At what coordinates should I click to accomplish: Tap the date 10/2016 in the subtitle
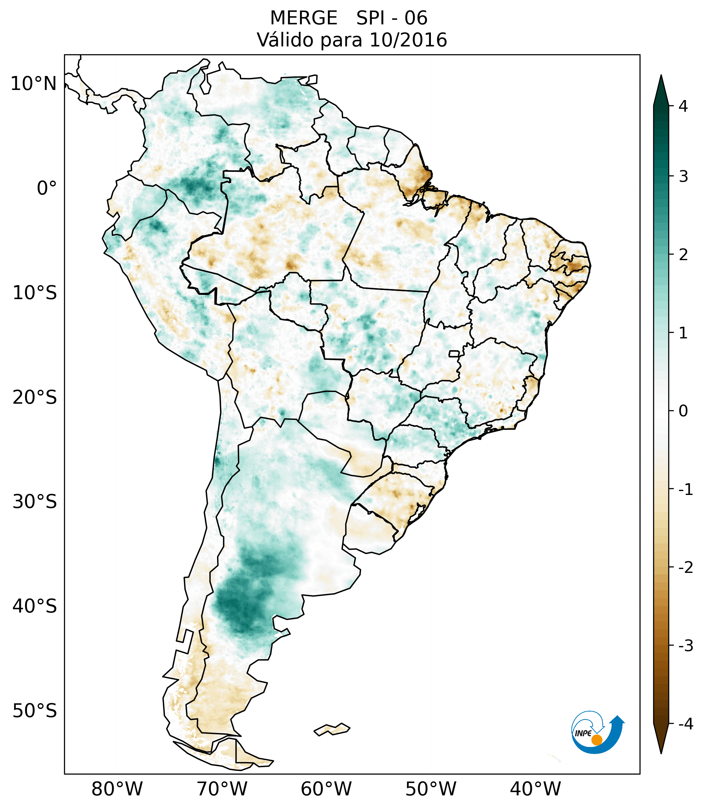coord(408,40)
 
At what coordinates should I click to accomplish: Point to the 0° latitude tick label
coord(47,188)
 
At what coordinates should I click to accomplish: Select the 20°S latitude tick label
coord(35,398)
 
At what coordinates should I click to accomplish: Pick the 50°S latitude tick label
coord(35,711)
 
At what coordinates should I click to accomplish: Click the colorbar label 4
coord(683,106)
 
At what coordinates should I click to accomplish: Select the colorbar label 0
coord(683,411)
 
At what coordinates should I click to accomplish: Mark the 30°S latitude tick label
coord(35,502)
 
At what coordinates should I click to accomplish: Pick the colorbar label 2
coord(683,255)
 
